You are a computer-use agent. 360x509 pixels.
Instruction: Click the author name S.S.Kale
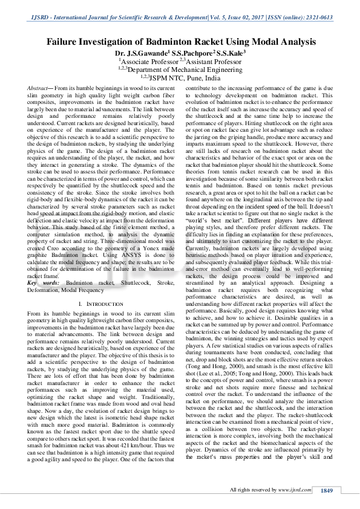[x=232, y=53]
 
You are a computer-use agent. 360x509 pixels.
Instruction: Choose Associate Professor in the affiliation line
[x=149, y=61]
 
